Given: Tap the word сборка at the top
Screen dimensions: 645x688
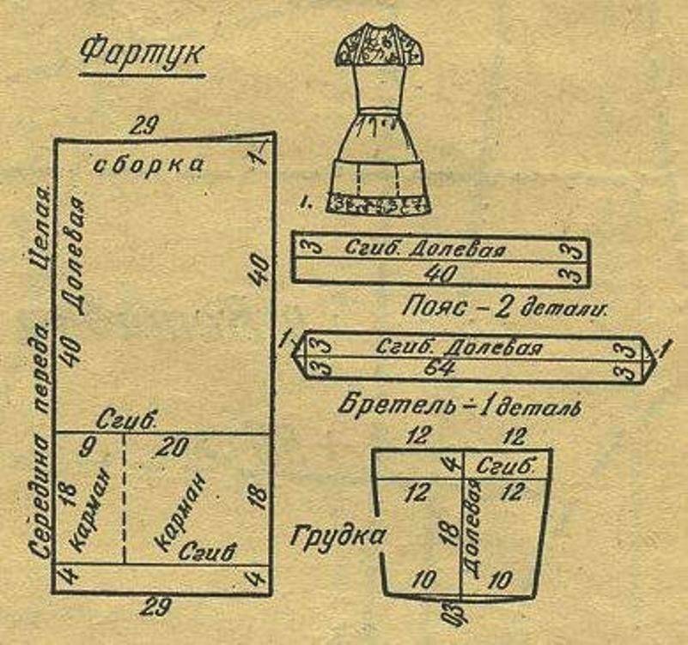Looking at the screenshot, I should [x=148, y=164].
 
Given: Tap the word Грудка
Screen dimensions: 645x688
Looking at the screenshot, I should [x=337, y=537].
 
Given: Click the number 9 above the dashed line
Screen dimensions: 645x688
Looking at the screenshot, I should [x=86, y=447].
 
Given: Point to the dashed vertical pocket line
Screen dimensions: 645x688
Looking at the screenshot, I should [x=125, y=497].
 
